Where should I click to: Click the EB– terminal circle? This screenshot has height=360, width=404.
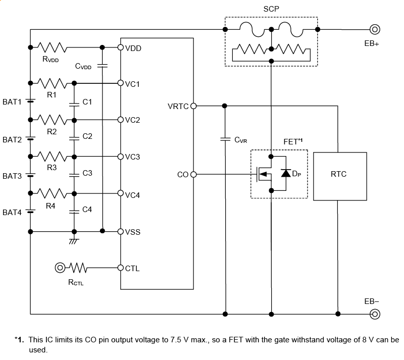tap(375, 314)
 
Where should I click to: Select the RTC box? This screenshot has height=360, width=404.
tap(338, 175)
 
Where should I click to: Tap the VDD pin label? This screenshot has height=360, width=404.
tap(133, 48)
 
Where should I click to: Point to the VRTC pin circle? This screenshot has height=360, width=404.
tap(193, 106)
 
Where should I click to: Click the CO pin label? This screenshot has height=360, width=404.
tap(182, 175)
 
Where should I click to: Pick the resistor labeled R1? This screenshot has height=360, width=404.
tap(52, 83)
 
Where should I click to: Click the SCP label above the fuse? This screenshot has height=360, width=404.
tap(271, 9)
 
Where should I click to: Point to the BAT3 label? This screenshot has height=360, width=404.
tap(12, 176)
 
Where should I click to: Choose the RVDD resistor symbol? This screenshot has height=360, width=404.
tap(53, 47)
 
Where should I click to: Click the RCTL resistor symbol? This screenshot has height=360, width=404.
tap(79, 267)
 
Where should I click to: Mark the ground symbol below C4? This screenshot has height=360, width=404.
tap(74, 241)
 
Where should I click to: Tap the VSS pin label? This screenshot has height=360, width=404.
tap(133, 232)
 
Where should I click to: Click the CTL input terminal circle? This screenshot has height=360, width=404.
tap(60, 267)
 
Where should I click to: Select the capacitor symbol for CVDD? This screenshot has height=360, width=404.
tap(103, 65)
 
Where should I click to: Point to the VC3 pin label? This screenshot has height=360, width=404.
tap(132, 157)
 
